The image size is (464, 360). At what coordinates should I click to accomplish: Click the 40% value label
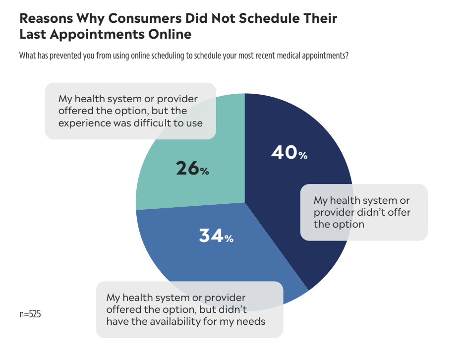(289, 153)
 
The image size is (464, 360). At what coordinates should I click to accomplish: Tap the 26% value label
(192, 169)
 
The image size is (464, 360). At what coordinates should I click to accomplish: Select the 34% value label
(216, 236)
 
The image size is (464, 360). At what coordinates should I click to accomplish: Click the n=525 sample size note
(30, 314)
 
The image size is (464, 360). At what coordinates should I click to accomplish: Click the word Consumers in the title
(130, 19)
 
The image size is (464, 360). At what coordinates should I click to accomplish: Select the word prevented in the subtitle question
(65, 56)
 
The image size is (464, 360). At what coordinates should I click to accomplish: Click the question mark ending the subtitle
(347, 56)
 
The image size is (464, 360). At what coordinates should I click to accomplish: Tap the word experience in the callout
(83, 122)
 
